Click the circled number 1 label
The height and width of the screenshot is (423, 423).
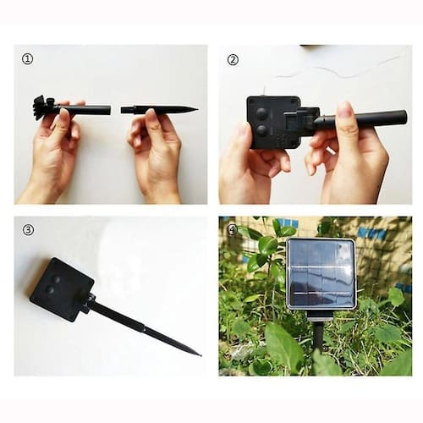pos(27,59)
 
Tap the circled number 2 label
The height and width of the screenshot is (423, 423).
pos(233,60)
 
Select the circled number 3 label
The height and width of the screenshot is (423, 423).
pos(28,230)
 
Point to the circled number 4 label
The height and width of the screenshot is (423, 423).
pos(233,230)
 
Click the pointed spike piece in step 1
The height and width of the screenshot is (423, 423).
pos(159,109)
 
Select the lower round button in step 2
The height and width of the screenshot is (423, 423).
pos(261,130)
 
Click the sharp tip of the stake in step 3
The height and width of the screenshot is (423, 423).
pos(200,355)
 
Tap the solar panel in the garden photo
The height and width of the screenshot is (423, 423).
pos(321,273)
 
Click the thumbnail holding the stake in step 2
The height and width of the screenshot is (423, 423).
pos(344,109)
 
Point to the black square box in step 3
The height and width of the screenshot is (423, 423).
pos(62,289)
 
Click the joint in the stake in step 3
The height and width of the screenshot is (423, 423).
pos(145,329)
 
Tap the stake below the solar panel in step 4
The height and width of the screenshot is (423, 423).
pos(318,337)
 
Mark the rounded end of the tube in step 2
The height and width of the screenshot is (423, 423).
pos(404,116)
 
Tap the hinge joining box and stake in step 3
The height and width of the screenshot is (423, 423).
pos(90,302)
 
